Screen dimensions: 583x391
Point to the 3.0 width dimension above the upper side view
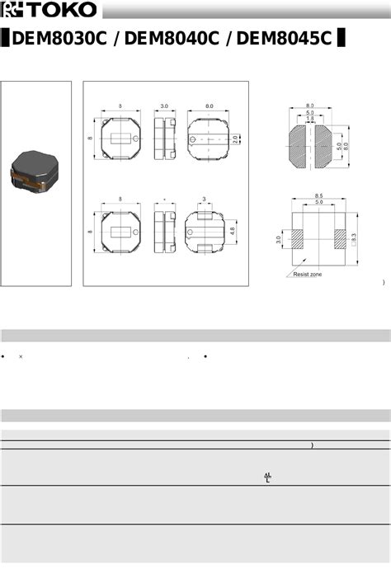[164, 106]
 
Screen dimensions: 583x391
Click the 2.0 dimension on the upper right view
[235, 139]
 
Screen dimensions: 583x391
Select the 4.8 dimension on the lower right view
[233, 232]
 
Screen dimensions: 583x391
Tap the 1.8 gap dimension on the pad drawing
[309, 120]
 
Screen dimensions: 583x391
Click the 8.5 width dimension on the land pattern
[318, 195]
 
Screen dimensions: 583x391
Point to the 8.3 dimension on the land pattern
[353, 237]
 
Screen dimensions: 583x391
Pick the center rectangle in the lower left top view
[120, 232]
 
